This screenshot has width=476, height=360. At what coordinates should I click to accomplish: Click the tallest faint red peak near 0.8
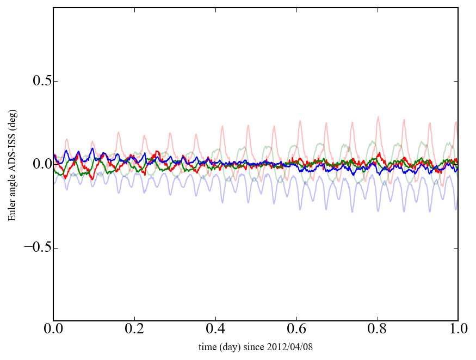click(378, 117)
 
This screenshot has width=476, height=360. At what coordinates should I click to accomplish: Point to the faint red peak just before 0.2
click(118, 132)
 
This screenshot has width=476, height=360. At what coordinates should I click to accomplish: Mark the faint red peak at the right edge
click(456, 122)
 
